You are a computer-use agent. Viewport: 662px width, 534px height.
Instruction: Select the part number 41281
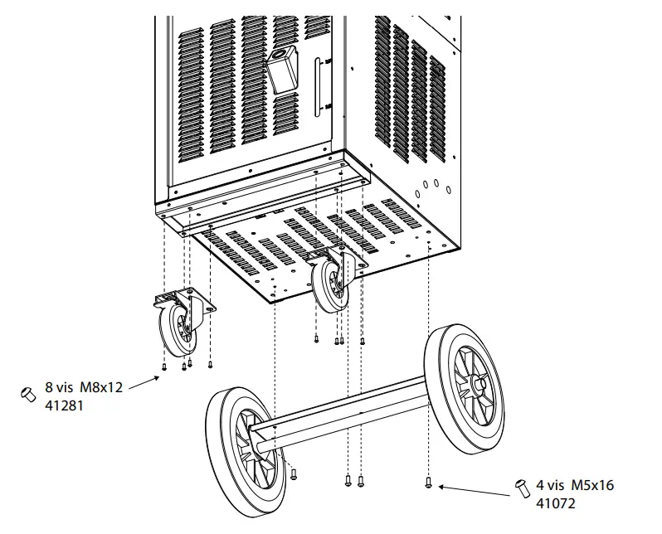[x=63, y=406]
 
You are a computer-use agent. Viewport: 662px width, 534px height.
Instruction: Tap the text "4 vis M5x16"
[x=576, y=486]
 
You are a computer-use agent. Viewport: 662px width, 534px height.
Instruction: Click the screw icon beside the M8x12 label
[x=26, y=393]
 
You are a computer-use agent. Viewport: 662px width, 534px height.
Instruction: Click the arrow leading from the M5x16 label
[x=473, y=491]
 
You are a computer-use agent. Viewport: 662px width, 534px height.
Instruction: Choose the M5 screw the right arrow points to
[x=428, y=482]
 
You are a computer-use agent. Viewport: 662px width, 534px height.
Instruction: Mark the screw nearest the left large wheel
[x=294, y=473]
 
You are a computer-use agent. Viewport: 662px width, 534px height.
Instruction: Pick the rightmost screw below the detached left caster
[x=210, y=364]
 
